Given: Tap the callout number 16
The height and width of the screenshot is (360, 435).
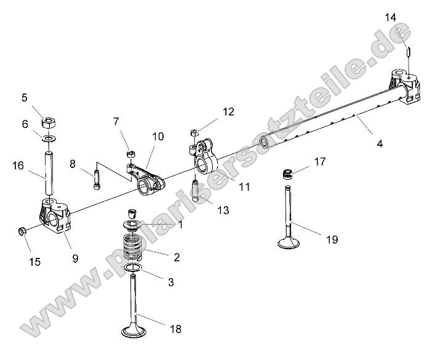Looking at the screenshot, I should tap(18, 166).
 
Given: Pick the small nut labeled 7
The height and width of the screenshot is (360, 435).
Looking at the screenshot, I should tap(130, 154).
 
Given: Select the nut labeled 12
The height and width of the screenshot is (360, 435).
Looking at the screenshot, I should tap(193, 132).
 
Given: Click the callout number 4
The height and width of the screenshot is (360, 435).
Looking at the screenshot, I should tap(380, 143).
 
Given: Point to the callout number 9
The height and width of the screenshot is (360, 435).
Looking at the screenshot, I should tap(75, 258).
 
